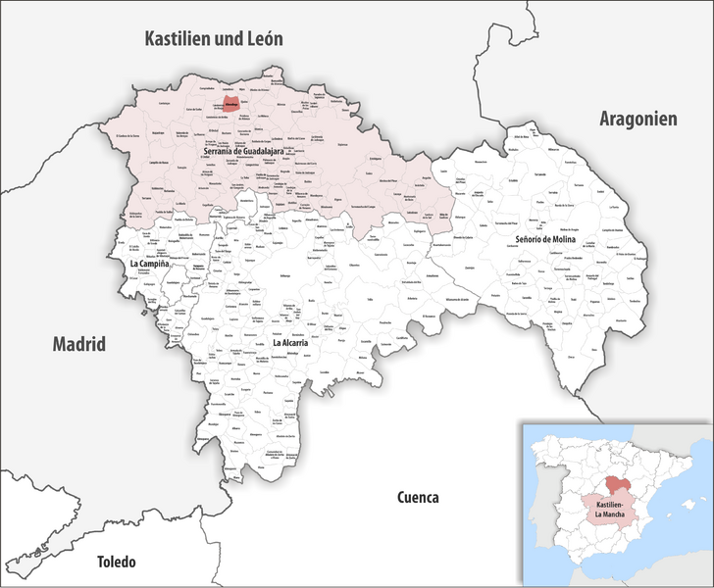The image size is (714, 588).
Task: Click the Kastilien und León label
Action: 213,39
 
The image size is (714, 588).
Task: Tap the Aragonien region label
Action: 638,119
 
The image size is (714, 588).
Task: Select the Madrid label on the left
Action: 78,344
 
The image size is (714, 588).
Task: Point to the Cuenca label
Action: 418,496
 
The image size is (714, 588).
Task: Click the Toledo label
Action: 116,562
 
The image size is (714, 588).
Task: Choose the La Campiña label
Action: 150,265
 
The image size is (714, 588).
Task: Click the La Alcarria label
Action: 291,343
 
